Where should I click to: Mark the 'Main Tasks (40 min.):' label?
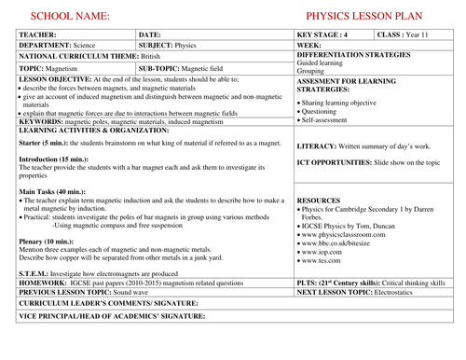[53, 191]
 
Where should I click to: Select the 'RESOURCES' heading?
[319, 201]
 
